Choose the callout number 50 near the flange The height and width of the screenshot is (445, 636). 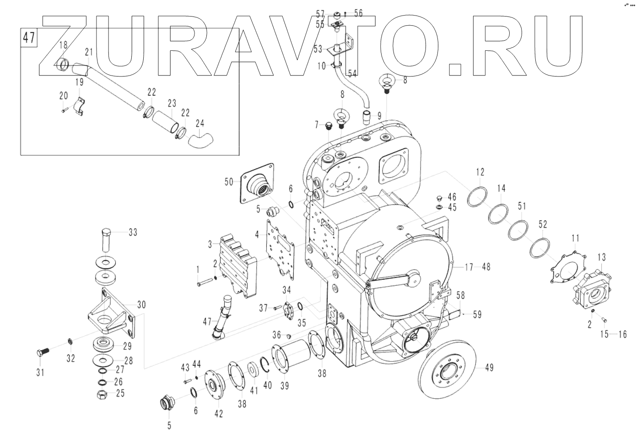point(229,182)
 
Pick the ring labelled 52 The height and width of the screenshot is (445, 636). point(540,247)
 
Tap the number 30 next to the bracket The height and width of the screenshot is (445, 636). point(141,305)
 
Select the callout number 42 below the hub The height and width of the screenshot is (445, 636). point(218,414)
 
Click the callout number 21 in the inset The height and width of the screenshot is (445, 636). point(88,52)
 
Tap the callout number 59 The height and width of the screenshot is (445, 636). point(477,315)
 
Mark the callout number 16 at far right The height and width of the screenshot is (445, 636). point(622,335)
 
